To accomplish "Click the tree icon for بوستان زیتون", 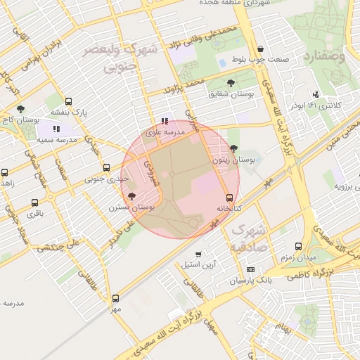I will [x=233, y=148].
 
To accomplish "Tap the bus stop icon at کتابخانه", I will [x=229, y=198].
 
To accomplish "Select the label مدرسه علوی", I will [x=165, y=132].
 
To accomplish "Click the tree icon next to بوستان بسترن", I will [x=133, y=197].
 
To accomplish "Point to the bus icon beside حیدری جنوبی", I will [x=106, y=167].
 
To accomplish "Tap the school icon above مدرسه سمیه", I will [x=56, y=129].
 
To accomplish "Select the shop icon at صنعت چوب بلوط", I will [x=261, y=49].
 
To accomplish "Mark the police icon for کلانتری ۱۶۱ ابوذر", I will [x=316, y=94].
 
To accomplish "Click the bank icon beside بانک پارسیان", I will [x=251, y=270].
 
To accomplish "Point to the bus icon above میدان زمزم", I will [x=298, y=246].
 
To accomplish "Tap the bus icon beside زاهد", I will [x=5, y=172].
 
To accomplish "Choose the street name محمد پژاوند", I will [x=184, y=86].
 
